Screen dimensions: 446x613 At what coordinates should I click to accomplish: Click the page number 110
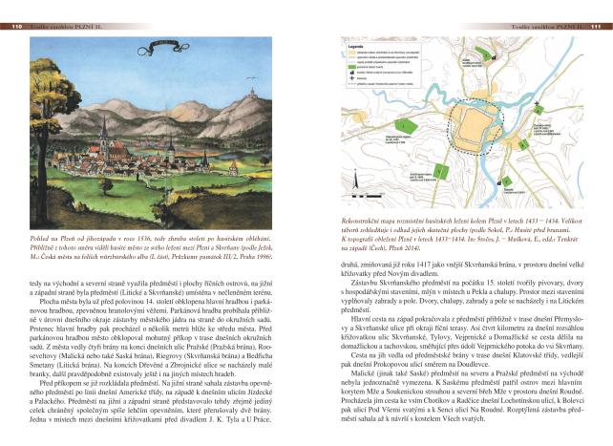point(17,26)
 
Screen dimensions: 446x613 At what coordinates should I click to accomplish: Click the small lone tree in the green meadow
point(182,190)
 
